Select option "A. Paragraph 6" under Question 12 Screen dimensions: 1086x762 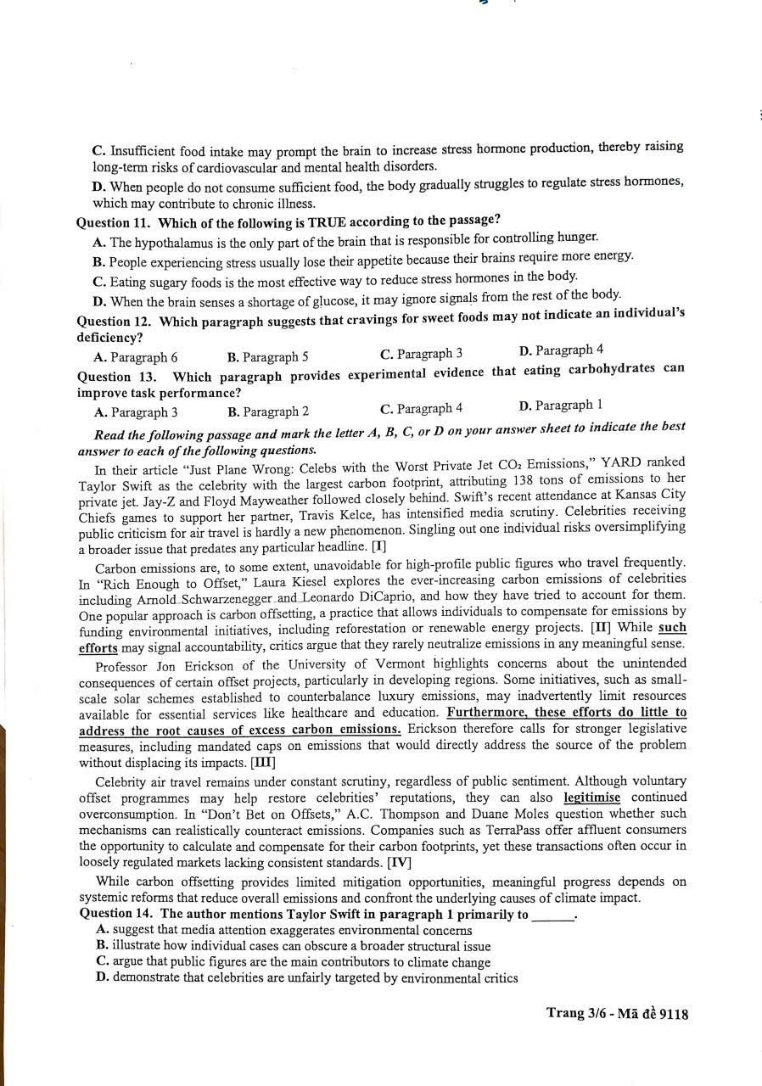136,357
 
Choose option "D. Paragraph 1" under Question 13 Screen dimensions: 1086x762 555,406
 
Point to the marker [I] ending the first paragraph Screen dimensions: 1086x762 378,546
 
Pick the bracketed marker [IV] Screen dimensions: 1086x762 399,862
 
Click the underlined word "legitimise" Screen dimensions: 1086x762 591,798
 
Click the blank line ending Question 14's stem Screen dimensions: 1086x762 553,915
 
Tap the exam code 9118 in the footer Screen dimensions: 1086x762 671,1013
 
